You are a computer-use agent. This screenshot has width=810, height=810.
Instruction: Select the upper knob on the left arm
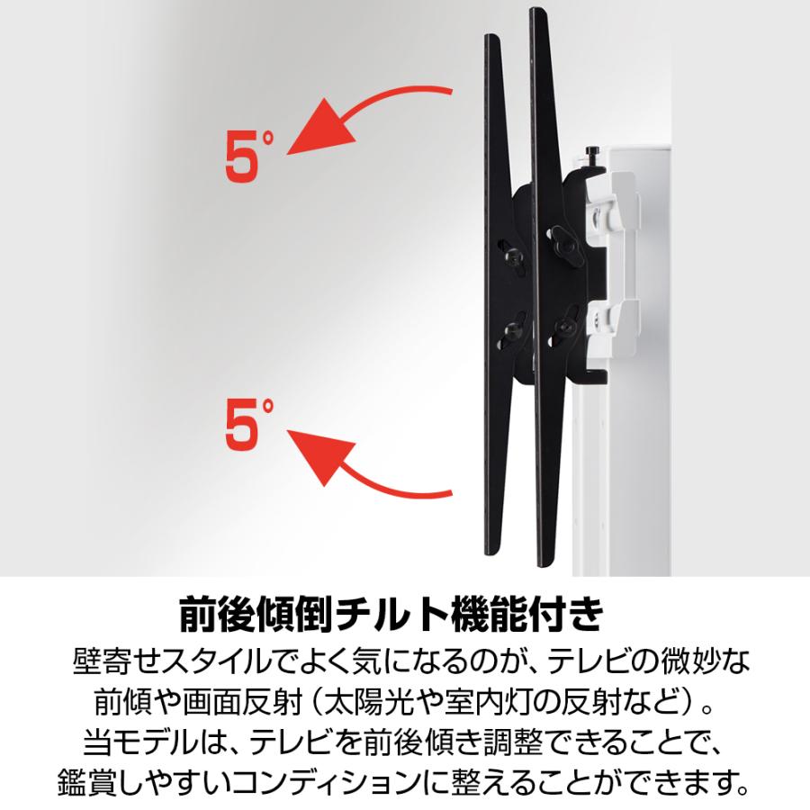click(514, 256)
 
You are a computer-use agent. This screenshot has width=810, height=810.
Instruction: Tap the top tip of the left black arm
click(491, 38)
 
